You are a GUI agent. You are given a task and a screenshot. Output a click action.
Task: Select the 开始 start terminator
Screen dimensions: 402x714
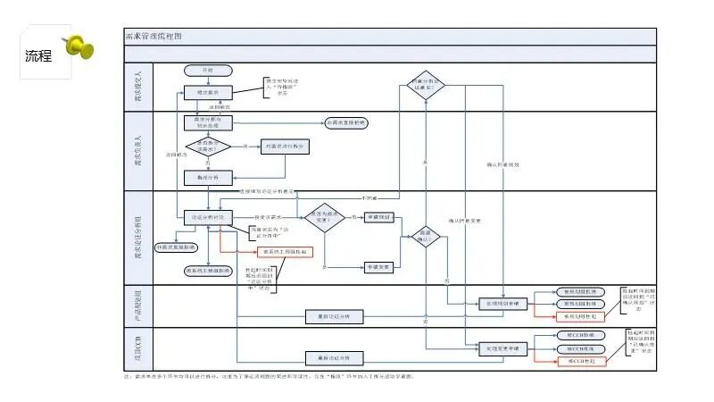(208, 70)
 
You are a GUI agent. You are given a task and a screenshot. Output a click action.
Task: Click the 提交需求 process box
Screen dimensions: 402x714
(208, 92)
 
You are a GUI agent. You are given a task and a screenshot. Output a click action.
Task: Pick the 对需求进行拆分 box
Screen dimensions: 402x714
(285, 146)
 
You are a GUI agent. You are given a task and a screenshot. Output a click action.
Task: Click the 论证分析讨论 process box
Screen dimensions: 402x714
(208, 217)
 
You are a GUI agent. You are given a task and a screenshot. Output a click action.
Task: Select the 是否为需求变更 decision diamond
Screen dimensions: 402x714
(324, 217)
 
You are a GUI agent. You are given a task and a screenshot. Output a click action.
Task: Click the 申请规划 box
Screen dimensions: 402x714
(379, 217)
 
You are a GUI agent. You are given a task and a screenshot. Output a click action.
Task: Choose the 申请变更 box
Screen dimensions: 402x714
(379, 266)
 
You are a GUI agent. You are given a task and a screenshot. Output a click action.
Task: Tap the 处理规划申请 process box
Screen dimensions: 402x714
(504, 304)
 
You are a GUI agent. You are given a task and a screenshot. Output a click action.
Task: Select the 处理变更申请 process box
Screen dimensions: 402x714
(504, 347)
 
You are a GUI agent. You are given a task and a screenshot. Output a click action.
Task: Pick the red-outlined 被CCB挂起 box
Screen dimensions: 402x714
(581, 360)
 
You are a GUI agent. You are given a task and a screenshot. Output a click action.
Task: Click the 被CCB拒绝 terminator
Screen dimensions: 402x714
(581, 348)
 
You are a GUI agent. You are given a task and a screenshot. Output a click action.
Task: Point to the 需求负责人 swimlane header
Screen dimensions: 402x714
(138, 150)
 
